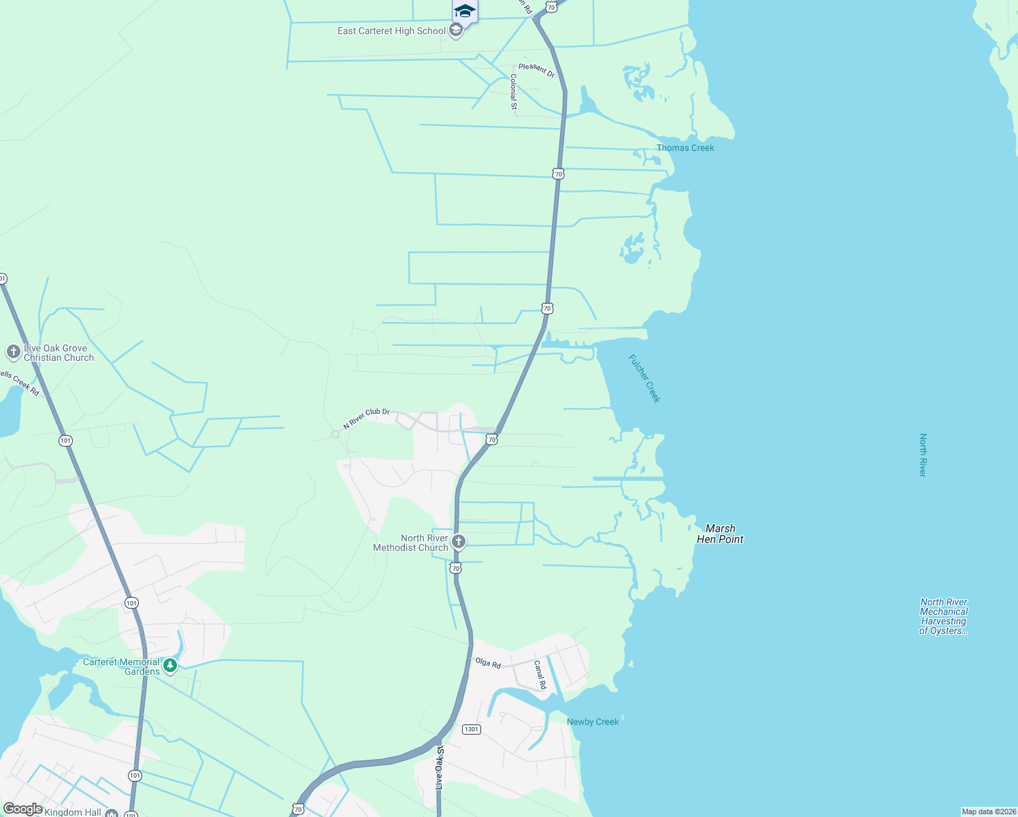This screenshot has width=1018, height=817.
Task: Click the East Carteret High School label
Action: click(x=391, y=31)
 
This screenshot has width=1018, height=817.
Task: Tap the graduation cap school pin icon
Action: click(x=465, y=12)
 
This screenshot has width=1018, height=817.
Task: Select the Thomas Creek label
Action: click(x=685, y=148)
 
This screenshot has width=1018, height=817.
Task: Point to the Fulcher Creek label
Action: click(x=644, y=379)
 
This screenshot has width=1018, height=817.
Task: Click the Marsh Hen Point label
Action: click(x=720, y=534)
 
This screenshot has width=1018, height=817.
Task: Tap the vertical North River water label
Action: click(x=923, y=455)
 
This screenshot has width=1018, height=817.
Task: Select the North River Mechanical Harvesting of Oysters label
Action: click(x=943, y=616)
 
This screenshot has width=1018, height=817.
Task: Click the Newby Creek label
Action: click(x=593, y=722)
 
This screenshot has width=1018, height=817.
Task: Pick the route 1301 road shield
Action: click(x=472, y=729)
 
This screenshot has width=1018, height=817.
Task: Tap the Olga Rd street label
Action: click(x=488, y=662)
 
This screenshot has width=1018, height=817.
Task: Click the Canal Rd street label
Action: click(x=540, y=675)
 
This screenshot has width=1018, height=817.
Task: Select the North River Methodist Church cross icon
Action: click(x=459, y=542)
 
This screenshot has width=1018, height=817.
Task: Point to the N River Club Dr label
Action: click(x=366, y=419)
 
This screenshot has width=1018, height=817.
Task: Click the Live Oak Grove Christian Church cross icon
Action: click(x=13, y=352)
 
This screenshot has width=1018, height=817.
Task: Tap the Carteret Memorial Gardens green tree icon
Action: click(x=170, y=666)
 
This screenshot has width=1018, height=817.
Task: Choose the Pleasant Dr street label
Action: click(x=536, y=69)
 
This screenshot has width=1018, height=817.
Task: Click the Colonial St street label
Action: click(x=514, y=92)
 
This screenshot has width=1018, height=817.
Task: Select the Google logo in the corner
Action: click(x=22, y=809)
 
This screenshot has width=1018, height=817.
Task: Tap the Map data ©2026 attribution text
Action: click(x=989, y=812)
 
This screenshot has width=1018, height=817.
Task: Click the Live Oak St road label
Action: click(x=440, y=767)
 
